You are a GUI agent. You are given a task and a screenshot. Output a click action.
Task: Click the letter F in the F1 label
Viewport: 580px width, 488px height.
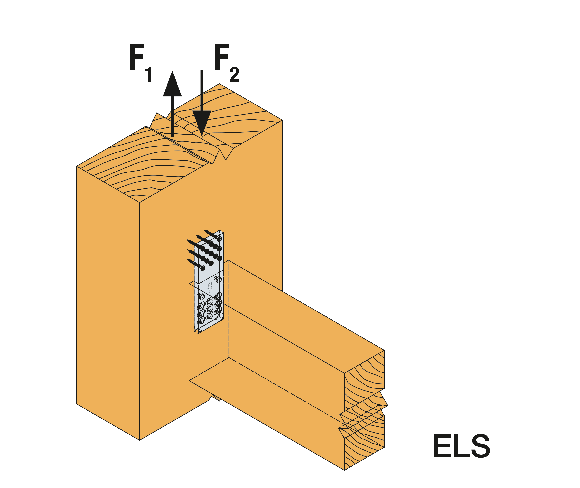pyautogui.click(x=136, y=57)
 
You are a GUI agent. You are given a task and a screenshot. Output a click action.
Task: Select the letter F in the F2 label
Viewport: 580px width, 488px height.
pyautogui.click(x=221, y=57)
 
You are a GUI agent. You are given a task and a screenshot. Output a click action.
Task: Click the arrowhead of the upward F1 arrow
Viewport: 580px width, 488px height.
pyautogui.click(x=172, y=84)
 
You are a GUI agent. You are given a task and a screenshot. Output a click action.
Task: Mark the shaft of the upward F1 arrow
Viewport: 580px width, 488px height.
pyautogui.click(x=172, y=116)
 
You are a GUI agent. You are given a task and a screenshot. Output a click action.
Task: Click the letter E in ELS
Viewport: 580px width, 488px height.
pyautogui.click(x=442, y=446)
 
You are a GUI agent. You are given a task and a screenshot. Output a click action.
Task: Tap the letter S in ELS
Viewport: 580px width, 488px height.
pyautogui.click(x=480, y=446)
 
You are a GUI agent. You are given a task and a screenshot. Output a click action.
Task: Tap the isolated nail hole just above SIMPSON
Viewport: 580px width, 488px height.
pyautogui.click(x=218, y=279)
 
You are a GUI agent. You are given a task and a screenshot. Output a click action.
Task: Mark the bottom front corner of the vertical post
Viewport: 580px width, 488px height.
pyautogui.click(x=140, y=440)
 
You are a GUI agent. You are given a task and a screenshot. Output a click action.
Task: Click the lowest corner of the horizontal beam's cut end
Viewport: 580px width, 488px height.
pyautogui.click(x=344, y=470)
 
